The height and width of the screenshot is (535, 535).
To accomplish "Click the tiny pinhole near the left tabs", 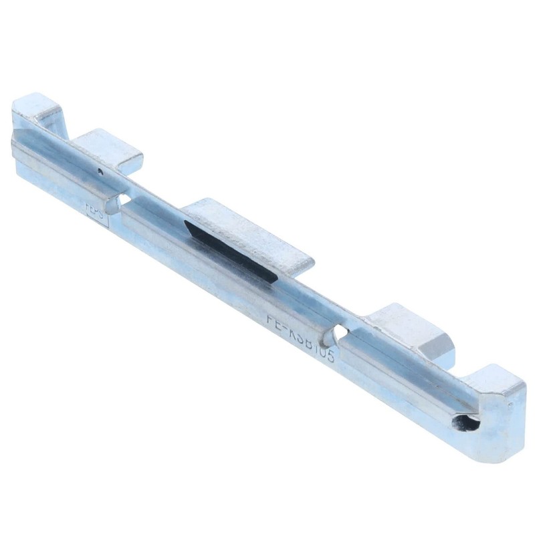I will pos(100,171).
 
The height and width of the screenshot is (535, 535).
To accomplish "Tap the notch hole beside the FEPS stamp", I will pos(123,199).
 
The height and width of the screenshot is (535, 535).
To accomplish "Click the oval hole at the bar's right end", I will pos(466,423).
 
